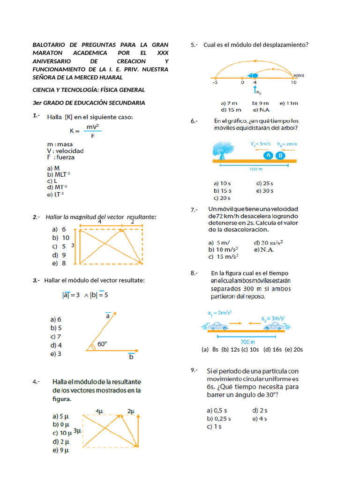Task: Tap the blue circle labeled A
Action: point(268,155)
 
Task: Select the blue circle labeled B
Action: point(280,155)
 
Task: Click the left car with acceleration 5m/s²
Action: point(217,326)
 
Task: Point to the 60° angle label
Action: point(102,344)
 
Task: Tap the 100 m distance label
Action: point(255,168)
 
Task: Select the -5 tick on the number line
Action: point(215,82)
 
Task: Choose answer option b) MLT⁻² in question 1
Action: point(59,174)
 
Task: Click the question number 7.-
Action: point(195,210)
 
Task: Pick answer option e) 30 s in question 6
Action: point(265,191)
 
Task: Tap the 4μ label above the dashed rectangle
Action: point(99,411)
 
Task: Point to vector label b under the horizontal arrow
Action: point(131,357)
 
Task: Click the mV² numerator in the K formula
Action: point(92,127)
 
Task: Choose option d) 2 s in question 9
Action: point(260,410)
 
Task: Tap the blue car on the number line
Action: point(253,75)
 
